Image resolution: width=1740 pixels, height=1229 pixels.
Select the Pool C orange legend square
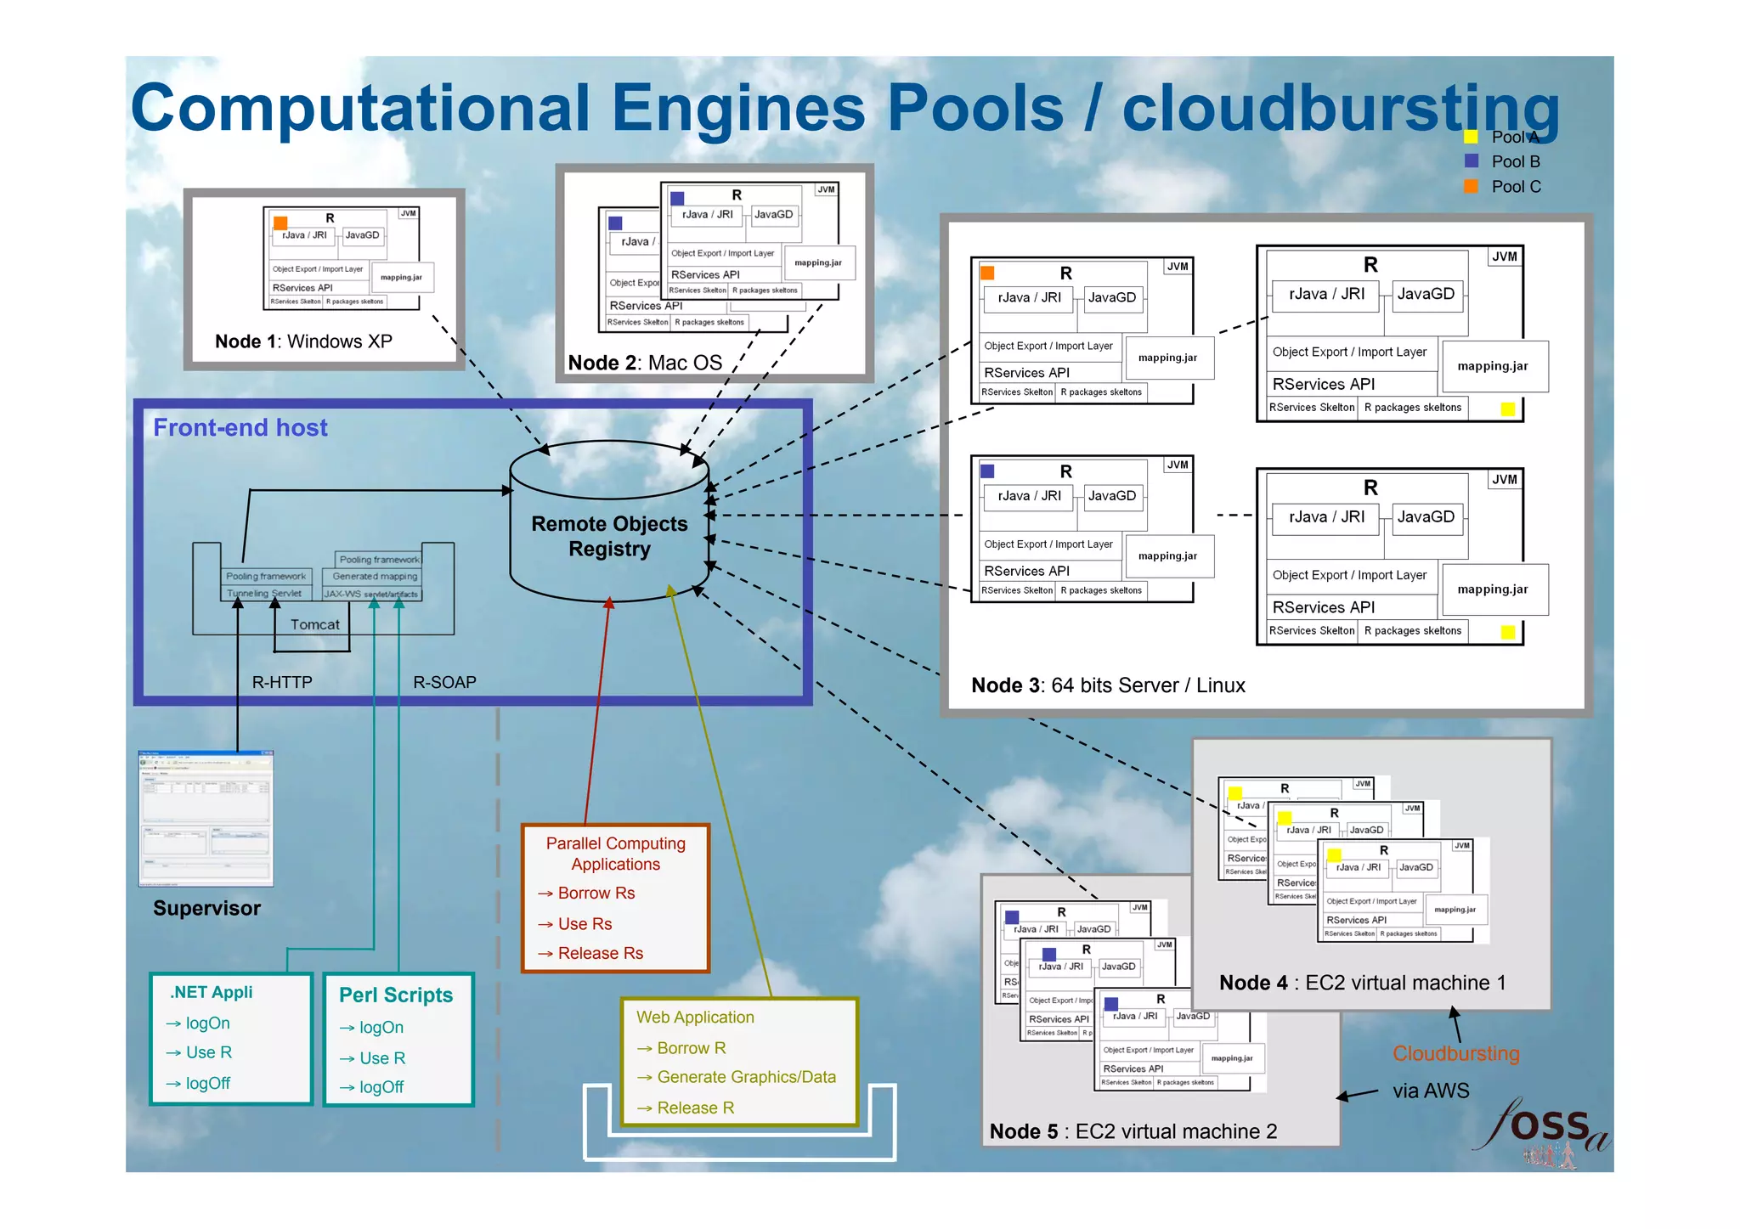tap(1472, 186)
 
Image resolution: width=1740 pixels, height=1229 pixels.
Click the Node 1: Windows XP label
tap(303, 341)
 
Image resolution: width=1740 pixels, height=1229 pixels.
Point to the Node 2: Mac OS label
tap(645, 363)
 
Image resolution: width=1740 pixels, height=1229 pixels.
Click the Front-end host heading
tap(240, 427)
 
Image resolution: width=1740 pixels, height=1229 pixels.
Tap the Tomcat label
tap(314, 624)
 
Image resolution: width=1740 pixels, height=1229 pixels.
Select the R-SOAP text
tap(444, 682)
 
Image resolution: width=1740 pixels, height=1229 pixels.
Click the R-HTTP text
tap(282, 682)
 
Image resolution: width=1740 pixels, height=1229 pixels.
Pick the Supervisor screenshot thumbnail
tap(206, 819)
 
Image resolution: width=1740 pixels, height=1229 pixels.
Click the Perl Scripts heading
tap(396, 995)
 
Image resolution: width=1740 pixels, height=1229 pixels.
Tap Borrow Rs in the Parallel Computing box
tap(596, 894)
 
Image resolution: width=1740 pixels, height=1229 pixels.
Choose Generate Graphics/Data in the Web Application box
tap(746, 1077)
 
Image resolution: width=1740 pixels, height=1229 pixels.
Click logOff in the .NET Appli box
tap(207, 1084)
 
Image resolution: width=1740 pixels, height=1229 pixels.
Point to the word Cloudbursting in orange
tap(1455, 1054)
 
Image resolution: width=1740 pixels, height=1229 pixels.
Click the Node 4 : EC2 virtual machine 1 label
tap(1362, 983)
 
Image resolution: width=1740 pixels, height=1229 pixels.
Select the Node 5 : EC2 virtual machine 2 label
tap(1133, 1131)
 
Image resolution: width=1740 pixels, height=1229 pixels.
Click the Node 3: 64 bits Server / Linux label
tap(1108, 685)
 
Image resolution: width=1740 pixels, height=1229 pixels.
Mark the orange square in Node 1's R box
tap(280, 223)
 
